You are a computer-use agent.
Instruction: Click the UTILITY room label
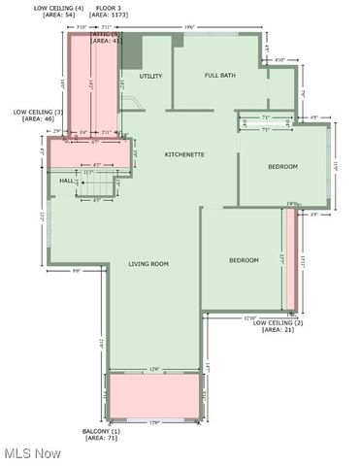(x=150, y=76)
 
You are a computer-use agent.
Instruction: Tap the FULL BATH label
(x=220, y=76)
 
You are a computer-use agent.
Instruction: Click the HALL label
(x=67, y=182)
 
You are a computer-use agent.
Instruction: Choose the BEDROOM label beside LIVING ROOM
(x=245, y=260)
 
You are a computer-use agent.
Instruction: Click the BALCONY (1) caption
(x=101, y=431)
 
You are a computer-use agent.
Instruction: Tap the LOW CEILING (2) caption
(x=278, y=323)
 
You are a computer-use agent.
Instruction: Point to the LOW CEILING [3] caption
(x=39, y=112)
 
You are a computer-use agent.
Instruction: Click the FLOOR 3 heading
(x=108, y=8)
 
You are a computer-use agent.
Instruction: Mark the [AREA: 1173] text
(x=107, y=16)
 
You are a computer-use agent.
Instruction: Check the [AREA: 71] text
(x=101, y=439)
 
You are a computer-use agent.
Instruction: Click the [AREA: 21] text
(x=278, y=330)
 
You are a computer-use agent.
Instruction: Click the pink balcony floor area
(x=154, y=396)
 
